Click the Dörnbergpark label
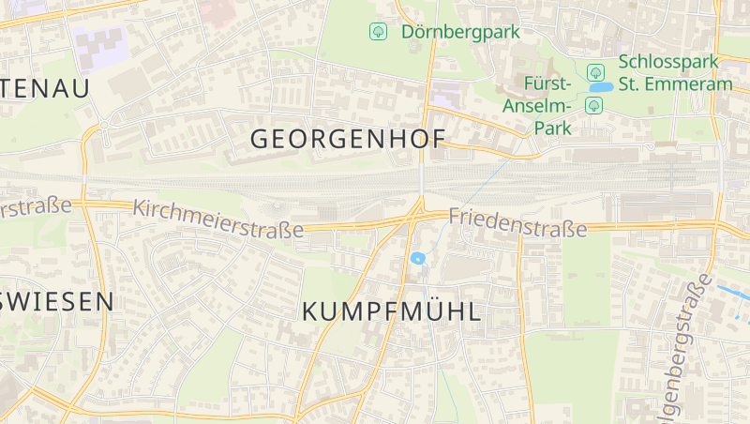coord(460,32)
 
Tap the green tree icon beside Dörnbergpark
coord(378,32)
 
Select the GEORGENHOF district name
coord(347,140)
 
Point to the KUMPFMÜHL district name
coord(392,312)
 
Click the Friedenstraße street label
coord(517,222)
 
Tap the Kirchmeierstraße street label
coord(218,218)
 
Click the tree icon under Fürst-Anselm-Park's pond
coord(593,105)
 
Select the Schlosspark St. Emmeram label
coord(674,73)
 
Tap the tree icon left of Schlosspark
coord(594,72)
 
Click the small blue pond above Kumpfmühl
coord(418,258)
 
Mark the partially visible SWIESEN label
coord(56,302)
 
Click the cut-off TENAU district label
coord(44,89)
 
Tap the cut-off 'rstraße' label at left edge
coord(35,207)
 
